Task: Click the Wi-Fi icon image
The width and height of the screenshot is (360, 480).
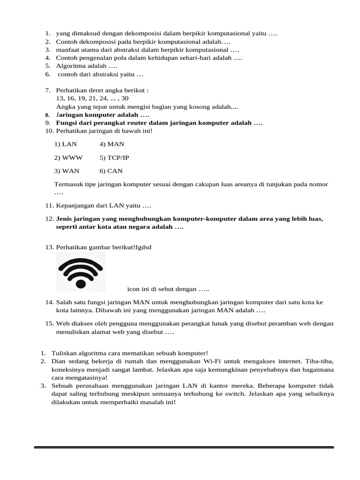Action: pyautogui.click(x=81, y=272)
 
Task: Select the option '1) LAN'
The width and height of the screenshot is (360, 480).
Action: pyautogui.click(x=66, y=144)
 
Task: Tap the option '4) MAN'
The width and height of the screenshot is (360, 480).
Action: pyautogui.click(x=112, y=144)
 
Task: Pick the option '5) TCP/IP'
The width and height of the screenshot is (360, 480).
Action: pyautogui.click(x=114, y=158)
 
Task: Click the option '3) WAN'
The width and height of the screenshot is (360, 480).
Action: pyautogui.click(x=66, y=171)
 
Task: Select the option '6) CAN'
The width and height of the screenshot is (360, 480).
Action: pyautogui.click(x=112, y=171)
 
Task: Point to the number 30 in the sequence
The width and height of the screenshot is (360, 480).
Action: pyautogui.click(x=125, y=98)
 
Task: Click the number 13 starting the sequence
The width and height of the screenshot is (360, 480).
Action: pyautogui.click(x=60, y=98)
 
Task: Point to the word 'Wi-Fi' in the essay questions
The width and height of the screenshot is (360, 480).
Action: pyautogui.click(x=212, y=361)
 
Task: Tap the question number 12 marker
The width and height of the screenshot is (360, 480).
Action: pyautogui.click(x=50, y=219)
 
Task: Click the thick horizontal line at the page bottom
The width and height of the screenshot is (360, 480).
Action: pyautogui.click(x=184, y=448)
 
